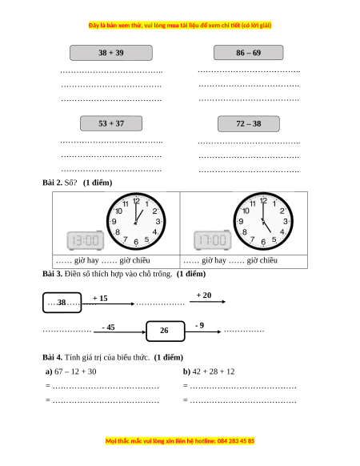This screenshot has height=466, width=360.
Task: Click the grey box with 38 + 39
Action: pos(111,53)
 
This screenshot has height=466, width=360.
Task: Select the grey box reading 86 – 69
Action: pos(249,53)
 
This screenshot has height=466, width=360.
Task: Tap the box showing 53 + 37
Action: pos(111,123)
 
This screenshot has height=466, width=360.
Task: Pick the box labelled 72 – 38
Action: pos(249,123)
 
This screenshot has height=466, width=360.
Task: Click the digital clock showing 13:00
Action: pos(86,240)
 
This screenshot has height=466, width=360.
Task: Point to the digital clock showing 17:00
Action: pos(212,240)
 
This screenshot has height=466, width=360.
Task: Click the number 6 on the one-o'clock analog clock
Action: pos(136,242)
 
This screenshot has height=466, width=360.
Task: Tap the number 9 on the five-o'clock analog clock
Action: pos(241,222)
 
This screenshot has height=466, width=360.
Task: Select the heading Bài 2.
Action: pos(52,183)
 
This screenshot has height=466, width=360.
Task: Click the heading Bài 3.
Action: pos(52,274)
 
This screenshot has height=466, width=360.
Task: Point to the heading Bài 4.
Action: pos(52,357)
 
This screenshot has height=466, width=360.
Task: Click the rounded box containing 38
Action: pos(62,303)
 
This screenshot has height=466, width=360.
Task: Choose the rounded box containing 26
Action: pos(166,331)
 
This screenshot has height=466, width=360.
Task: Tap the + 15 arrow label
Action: pos(100,298)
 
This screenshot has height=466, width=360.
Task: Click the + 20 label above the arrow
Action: pos(204,295)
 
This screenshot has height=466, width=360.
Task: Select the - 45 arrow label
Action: pos(109,327)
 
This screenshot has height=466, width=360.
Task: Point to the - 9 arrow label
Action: pos(200,325)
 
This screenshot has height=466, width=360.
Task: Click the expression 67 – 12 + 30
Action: pos(75,372)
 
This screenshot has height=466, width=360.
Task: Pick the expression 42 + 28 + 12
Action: pos(214,372)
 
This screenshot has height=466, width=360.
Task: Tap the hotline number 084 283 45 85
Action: pos(236,440)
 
